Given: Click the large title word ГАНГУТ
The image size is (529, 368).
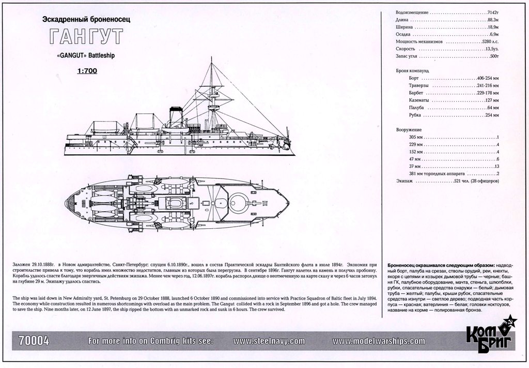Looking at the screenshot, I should pos(86,37).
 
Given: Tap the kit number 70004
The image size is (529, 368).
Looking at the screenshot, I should pos(34,341).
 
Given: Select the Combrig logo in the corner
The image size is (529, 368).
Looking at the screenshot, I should pos(491,339).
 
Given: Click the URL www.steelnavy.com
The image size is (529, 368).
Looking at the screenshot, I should pos(269,341).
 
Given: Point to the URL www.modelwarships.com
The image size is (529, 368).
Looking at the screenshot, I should pos(379,341).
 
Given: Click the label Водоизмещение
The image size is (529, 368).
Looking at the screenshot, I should pos(412,12).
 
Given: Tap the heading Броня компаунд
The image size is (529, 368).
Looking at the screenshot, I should pos(412,70).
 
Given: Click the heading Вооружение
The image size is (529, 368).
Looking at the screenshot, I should pos(409,129).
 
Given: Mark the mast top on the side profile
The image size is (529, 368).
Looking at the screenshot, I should pos(211,59).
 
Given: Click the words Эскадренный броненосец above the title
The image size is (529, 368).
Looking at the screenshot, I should pos(86,19).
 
